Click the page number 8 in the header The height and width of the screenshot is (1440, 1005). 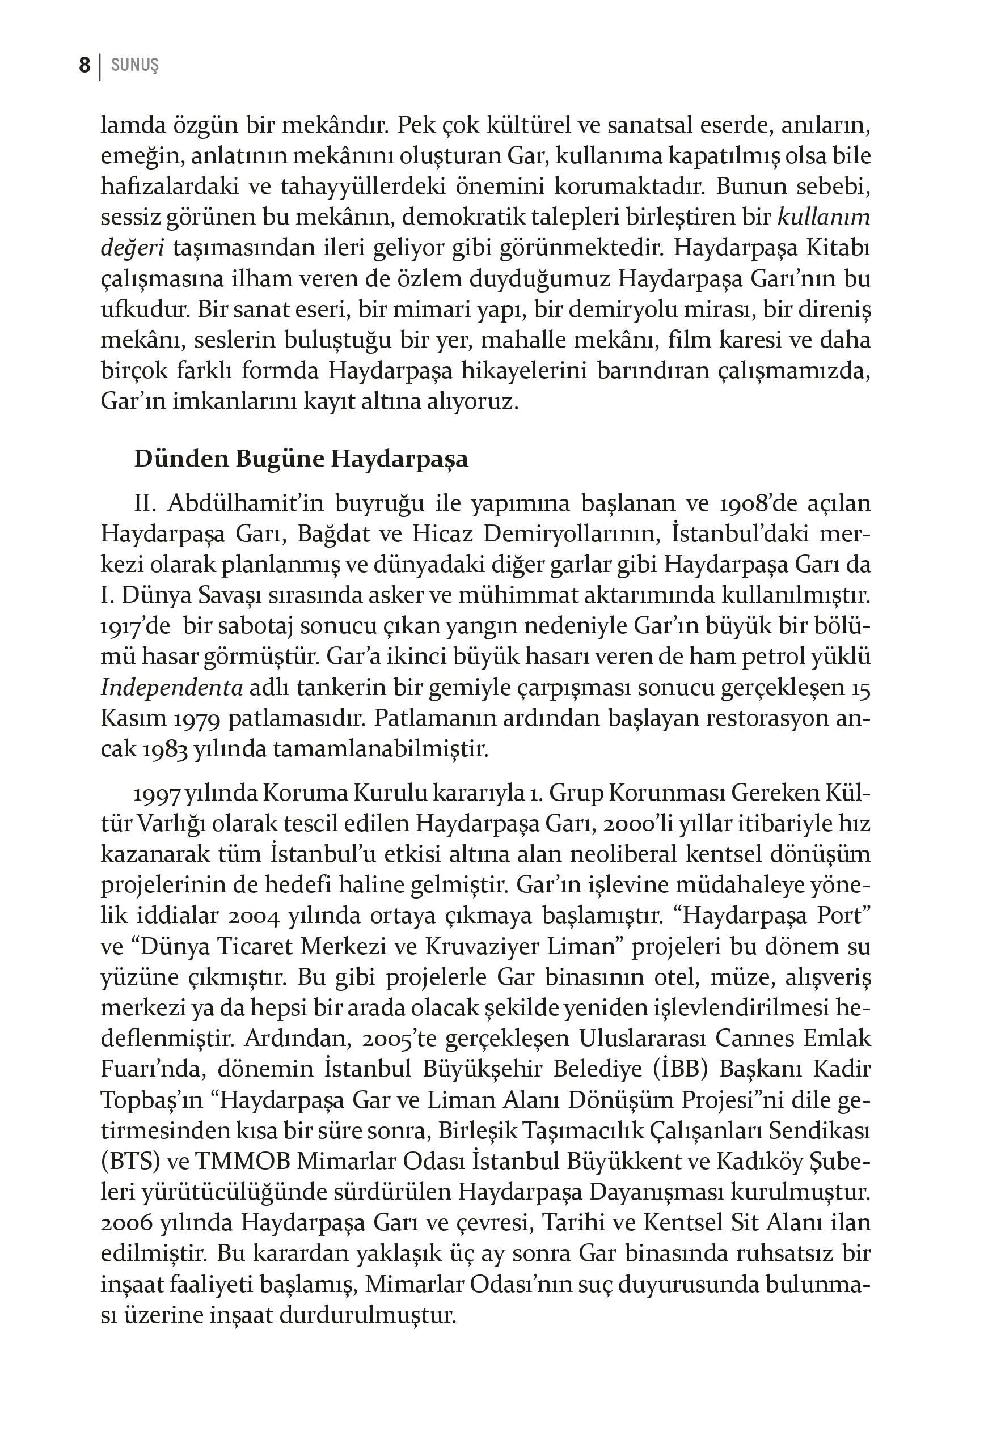pos(85,65)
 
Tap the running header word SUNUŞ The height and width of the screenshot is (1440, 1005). pos(134,65)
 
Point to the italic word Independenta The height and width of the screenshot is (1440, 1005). pos(172,688)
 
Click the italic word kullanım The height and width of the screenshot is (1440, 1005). pos(824,217)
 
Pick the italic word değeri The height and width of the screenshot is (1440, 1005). pos(132,248)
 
